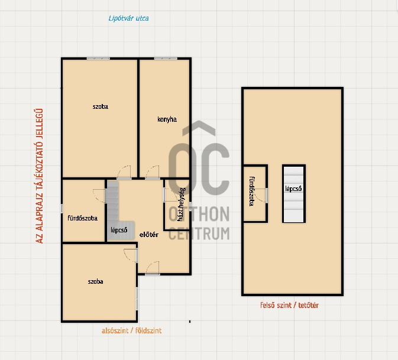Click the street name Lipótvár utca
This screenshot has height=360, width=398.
pyautogui.click(x=128, y=18)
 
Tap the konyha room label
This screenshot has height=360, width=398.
pyautogui.click(x=167, y=119)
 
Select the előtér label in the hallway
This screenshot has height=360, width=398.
pyautogui.click(x=149, y=235)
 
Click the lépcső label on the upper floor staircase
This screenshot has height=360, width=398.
pyautogui.click(x=293, y=189)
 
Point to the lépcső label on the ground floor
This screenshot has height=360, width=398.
pyautogui.click(x=119, y=230)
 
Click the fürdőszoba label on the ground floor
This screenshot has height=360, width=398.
pyautogui.click(x=82, y=218)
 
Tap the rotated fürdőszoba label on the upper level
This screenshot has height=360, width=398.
pyautogui.click(x=252, y=192)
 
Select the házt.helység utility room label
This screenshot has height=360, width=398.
pyautogui.click(x=181, y=205)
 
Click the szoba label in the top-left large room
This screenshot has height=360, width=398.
pyautogui.click(x=101, y=106)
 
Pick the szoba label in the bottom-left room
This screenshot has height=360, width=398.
pyautogui.click(x=95, y=281)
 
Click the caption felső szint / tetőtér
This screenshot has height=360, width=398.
pyautogui.click(x=289, y=305)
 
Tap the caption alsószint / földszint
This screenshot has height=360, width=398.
pyautogui.click(x=131, y=330)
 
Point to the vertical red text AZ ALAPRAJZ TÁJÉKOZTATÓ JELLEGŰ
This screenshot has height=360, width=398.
pyautogui.click(x=39, y=176)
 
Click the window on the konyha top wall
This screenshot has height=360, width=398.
pyautogui.click(x=166, y=59)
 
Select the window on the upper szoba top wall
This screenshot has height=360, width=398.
pyautogui.click(x=98, y=59)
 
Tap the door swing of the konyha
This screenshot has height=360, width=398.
pyautogui.click(x=153, y=173)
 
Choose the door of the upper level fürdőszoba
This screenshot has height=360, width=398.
pyautogui.click(x=261, y=195)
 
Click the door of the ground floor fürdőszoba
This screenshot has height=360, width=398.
pyautogui.click(x=99, y=196)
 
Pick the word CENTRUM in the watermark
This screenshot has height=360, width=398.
pyautogui.click(x=199, y=233)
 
